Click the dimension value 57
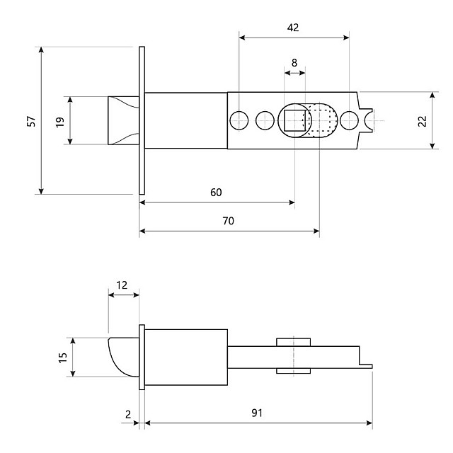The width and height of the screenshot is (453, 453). [30, 121]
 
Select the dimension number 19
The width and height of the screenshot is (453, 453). [60, 121]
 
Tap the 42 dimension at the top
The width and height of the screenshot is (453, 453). [293, 28]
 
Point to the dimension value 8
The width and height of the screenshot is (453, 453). [294, 62]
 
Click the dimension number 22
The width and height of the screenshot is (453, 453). [423, 121]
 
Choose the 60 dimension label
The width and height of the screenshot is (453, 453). [216, 193]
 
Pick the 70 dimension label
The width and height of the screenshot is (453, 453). [228, 221]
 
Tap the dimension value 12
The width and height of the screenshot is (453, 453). [122, 285]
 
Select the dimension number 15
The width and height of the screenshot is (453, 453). [62, 357]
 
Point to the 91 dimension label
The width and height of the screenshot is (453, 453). [258, 413]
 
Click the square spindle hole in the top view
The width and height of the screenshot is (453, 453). [294, 120]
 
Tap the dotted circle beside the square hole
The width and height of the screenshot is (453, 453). [323, 120]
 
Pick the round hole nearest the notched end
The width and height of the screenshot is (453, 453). [348, 120]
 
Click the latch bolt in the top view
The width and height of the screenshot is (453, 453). [122, 120]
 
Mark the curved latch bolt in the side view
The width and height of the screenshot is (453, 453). [122, 357]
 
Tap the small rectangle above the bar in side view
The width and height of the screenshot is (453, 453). [294, 343]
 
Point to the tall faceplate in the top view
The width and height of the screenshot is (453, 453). [142, 120]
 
